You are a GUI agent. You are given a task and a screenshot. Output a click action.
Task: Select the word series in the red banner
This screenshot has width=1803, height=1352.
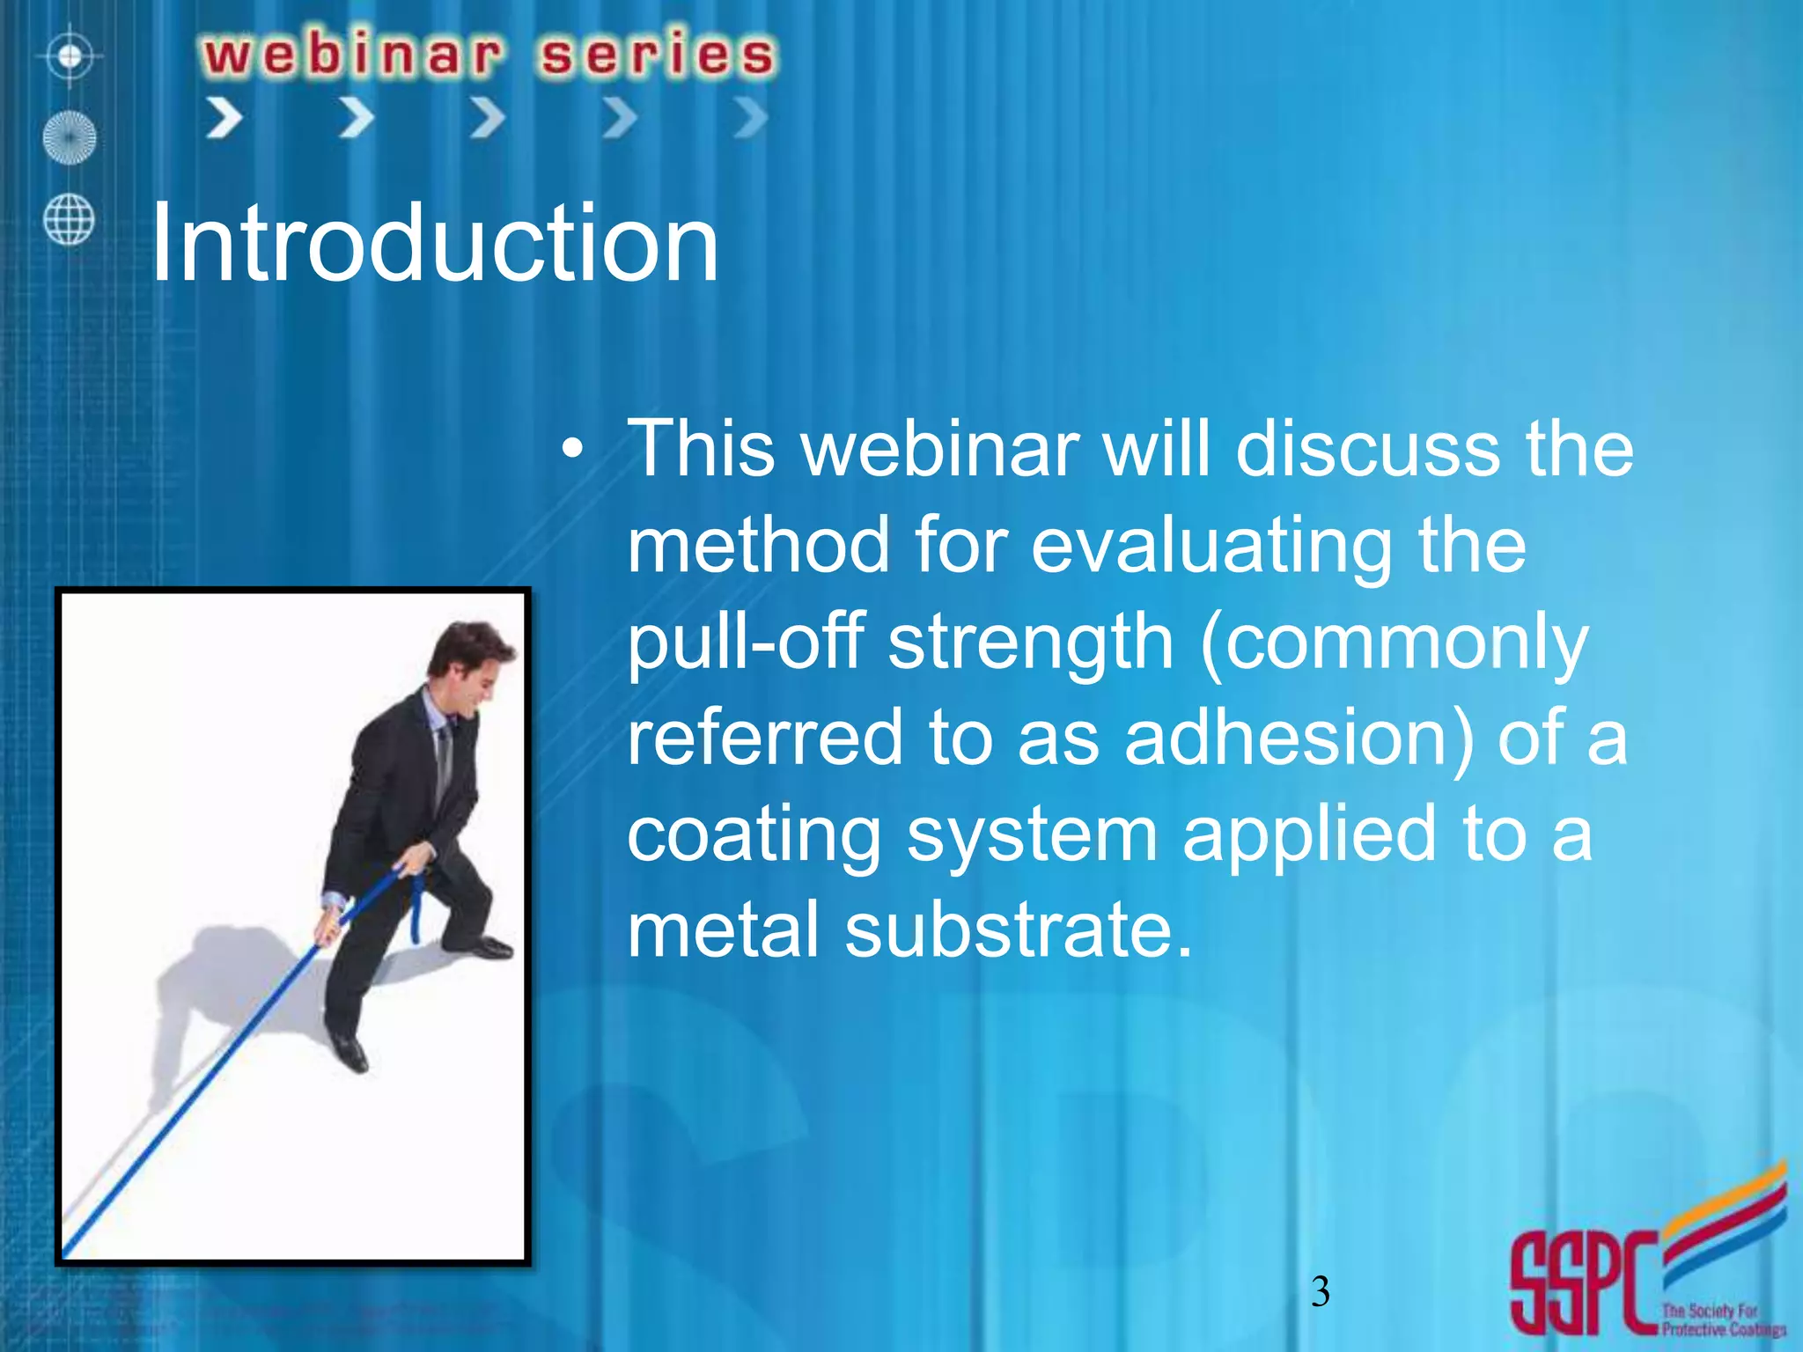(x=657, y=55)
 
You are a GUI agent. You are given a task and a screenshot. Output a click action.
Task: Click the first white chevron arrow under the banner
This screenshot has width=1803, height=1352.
(x=224, y=118)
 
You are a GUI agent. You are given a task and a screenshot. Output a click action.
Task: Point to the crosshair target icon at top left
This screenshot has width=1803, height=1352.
(x=70, y=57)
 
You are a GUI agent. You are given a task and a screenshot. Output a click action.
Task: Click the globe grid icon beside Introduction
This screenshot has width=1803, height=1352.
(x=69, y=219)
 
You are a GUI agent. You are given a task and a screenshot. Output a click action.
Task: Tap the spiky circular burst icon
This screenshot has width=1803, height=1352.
(x=70, y=138)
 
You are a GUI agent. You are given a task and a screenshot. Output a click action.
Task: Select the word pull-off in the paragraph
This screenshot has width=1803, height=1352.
(x=745, y=642)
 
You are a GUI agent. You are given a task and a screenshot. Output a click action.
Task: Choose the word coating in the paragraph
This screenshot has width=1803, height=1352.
(x=754, y=834)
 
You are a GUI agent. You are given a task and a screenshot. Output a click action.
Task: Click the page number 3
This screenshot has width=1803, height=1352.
(x=1320, y=1291)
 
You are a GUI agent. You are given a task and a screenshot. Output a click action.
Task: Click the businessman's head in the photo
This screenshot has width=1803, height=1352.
(x=470, y=660)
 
